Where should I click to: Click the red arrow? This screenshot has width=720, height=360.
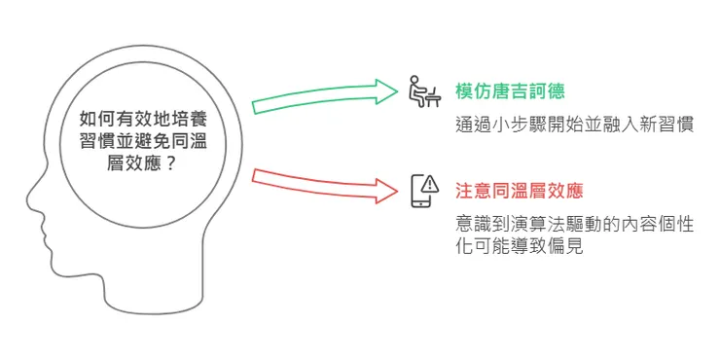(321, 184)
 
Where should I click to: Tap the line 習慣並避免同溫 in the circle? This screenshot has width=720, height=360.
(144, 141)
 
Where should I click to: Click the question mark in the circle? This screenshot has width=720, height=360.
(172, 164)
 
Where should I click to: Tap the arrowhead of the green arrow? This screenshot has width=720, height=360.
(389, 91)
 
